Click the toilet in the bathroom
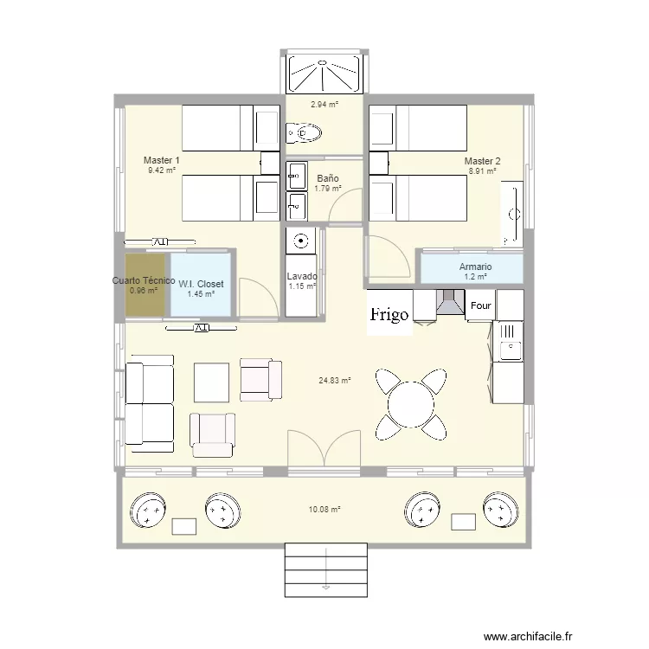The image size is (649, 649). [304, 133]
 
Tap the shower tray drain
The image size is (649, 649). [323, 62]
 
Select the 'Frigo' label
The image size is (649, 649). [389, 314]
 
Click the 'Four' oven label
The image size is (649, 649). [480, 305]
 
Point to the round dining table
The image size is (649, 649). [411, 404]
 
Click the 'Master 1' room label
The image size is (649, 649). [162, 160]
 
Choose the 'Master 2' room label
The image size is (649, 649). [482, 161]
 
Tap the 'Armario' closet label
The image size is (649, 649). [476, 267]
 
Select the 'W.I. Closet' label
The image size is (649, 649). [201, 284]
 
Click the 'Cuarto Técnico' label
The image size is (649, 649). [144, 280]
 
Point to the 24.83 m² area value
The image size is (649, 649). [335, 380]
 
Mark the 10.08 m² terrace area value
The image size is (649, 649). [324, 510]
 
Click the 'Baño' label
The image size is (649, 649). [328, 178]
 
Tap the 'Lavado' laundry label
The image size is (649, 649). [302, 276]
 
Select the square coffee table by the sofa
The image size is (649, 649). [211, 382]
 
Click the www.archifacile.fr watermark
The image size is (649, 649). [528, 636]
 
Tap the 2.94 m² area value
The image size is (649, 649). [324, 105]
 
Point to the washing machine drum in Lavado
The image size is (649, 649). [301, 241]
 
